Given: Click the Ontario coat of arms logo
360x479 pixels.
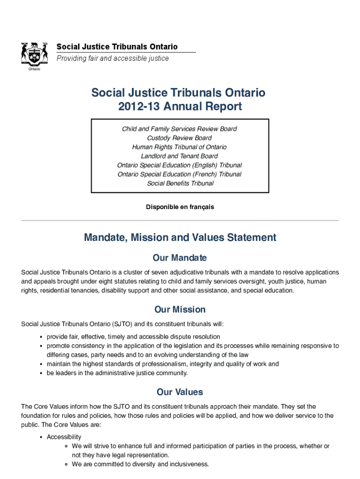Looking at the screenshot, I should point(34,55).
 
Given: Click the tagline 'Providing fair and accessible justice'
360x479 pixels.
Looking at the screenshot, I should point(113,58).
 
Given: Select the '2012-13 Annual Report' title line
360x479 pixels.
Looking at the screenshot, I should point(180,107).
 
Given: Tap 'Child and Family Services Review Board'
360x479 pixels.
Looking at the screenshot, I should point(180,129).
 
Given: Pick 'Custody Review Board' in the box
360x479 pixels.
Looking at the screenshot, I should point(180,138).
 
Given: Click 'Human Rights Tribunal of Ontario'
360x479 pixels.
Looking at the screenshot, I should point(180,147).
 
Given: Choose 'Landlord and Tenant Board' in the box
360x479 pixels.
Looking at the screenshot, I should point(180,156).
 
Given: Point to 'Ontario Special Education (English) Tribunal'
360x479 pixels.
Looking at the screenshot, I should point(180,165).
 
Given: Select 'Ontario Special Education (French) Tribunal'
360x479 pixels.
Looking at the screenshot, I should point(180,174).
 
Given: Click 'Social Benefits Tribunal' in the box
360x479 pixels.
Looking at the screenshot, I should point(180,183).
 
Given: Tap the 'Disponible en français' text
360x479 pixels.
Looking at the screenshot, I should point(180,207).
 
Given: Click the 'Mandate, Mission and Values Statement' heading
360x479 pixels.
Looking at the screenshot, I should point(180,238).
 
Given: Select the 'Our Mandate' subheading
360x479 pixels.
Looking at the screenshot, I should point(180,258).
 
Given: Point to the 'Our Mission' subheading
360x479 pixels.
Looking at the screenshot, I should point(180,310).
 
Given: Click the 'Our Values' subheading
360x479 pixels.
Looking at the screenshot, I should point(180,392).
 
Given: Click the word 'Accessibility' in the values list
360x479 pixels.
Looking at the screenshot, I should point(64,437).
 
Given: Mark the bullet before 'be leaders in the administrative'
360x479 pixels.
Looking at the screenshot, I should point(42,373).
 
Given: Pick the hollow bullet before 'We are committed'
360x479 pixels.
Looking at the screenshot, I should point(67,464).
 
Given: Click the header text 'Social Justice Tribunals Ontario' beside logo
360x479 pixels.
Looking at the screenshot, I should point(117,47).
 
